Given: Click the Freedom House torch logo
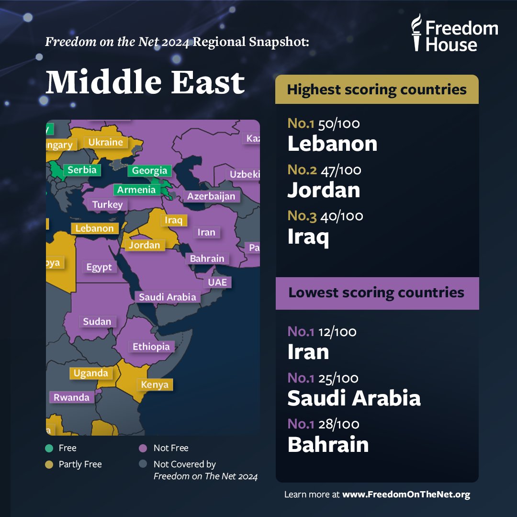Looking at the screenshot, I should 417,33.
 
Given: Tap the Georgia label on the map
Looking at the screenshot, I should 150,170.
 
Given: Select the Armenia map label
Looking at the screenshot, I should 136,190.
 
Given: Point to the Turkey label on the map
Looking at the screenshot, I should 108,205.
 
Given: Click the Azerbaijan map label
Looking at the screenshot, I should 211,196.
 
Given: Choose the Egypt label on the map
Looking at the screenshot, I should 99,267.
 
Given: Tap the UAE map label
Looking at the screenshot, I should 217,282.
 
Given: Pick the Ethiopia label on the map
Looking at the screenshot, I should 151,347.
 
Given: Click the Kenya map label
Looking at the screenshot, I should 155,384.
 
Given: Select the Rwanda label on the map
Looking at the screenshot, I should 71,397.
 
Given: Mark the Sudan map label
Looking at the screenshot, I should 97,322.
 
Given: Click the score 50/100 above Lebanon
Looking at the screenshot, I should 339,124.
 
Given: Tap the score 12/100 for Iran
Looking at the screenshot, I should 337,331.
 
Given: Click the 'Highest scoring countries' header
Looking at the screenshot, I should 377,90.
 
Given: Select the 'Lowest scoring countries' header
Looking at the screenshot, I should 377,292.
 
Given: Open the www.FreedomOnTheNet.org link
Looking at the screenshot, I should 406,495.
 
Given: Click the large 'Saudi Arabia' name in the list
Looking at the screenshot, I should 354,398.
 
